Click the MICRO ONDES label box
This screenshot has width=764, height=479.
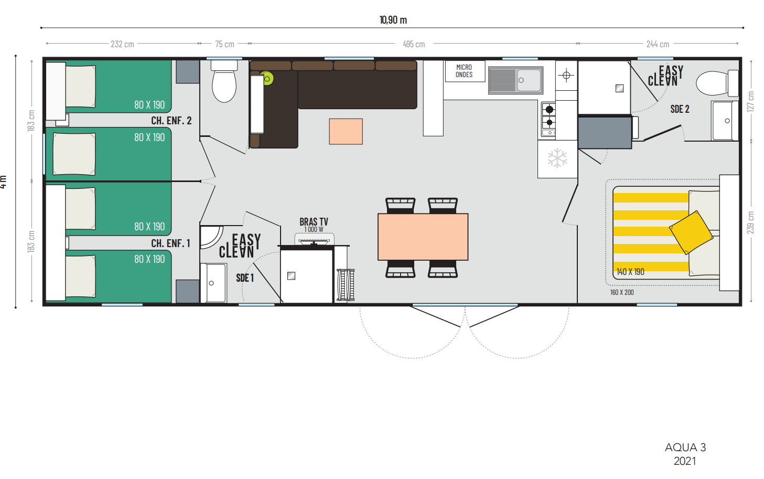click(465, 71)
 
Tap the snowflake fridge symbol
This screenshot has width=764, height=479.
click(557, 158)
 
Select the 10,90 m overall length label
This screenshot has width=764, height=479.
click(393, 20)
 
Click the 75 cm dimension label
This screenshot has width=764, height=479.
click(224, 44)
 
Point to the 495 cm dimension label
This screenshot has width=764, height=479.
click(414, 44)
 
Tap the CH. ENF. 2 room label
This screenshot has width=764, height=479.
click(171, 121)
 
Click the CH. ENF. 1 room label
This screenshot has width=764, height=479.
click(170, 243)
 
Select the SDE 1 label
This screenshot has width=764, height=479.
click(245, 278)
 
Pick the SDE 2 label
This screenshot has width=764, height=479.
click(680, 109)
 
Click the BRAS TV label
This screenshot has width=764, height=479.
click(314, 222)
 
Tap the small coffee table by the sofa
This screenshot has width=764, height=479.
click(346, 131)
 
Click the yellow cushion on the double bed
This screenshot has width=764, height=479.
click(691, 232)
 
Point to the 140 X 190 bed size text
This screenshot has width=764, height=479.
click(630, 272)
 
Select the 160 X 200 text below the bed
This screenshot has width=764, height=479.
click(622, 292)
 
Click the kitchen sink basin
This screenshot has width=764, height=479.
click(529, 80)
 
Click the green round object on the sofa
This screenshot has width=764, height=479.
click(267, 79)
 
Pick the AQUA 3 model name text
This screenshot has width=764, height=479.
click(685, 448)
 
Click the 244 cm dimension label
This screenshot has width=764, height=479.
click(658, 44)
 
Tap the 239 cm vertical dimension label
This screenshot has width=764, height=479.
click(750, 222)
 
